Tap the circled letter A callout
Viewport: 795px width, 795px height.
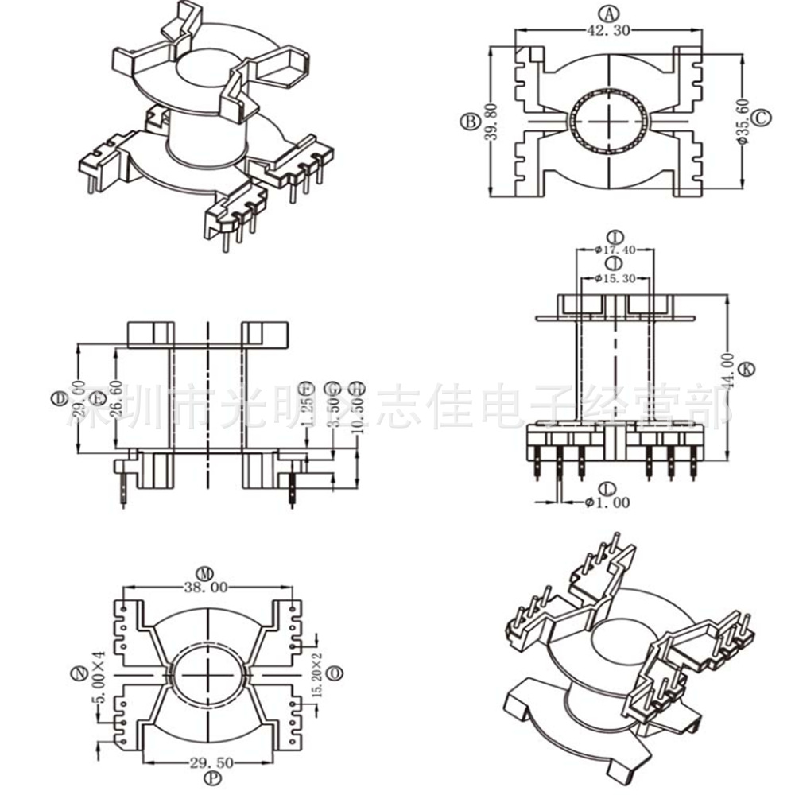click(608, 14)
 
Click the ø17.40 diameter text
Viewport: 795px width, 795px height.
click(615, 250)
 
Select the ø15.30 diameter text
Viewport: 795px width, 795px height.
click(615, 279)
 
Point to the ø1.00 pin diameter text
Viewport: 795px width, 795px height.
click(607, 502)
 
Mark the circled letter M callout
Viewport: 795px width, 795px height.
click(207, 572)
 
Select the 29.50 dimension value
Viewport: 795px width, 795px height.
click(211, 762)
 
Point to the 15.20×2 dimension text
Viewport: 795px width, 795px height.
click(319, 673)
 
